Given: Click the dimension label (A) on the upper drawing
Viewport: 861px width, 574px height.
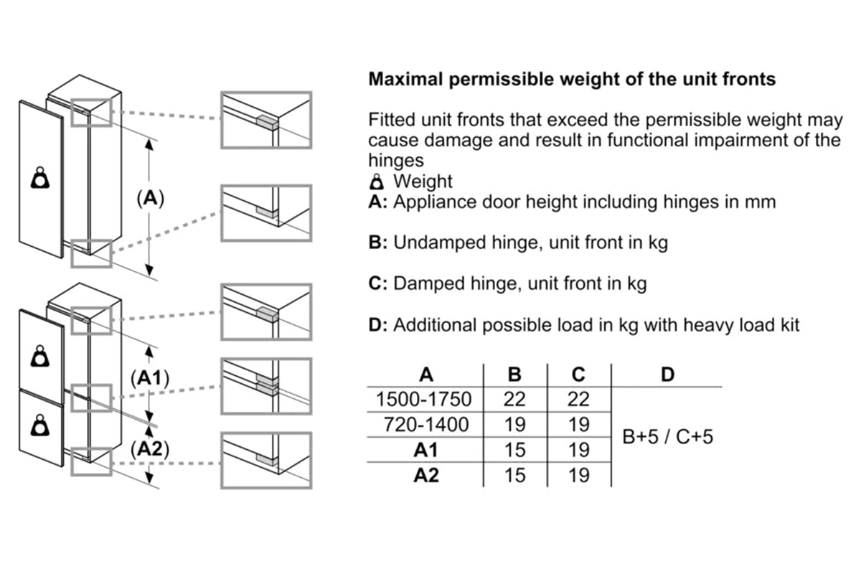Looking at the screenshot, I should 150,198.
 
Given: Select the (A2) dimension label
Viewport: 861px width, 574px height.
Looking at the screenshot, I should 150,449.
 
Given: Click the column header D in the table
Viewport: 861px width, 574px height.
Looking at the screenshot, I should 667,375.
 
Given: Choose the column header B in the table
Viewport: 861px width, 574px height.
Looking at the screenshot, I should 514,375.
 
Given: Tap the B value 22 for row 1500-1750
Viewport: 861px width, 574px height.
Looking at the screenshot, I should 514,399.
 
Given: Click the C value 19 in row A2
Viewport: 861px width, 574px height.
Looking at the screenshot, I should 578,475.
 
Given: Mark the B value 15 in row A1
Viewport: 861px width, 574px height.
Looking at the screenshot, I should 514,450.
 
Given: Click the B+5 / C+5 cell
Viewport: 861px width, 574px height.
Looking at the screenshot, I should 667,437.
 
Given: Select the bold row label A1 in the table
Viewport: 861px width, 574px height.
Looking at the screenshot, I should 426,450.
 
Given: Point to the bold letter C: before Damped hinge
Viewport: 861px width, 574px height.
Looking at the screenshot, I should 377,283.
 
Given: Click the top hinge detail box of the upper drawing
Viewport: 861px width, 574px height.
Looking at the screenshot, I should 266,120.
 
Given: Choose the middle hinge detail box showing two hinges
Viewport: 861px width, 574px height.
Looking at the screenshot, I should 266,385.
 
